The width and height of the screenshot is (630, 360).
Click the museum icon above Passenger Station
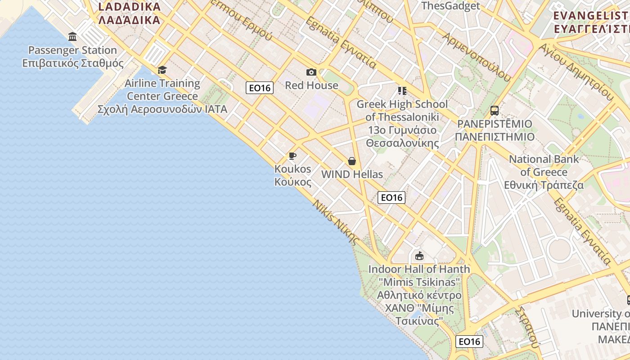72,36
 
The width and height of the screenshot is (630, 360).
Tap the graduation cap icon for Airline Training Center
162,70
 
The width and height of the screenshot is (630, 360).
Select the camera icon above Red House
311,72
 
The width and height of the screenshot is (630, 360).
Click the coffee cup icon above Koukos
292,156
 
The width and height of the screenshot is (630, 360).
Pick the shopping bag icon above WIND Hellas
352,161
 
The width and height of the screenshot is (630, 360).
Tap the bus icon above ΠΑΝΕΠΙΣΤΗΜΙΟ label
494,111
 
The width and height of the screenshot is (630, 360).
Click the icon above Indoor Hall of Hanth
419,256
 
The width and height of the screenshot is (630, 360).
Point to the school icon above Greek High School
402,91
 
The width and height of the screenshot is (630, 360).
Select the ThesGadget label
450,6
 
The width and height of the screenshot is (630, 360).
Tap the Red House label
311,85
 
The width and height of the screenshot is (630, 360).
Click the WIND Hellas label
352,175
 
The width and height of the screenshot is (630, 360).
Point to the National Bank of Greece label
544,172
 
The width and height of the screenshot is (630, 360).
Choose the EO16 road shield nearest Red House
260,88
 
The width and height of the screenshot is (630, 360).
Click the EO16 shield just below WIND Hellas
391,197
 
